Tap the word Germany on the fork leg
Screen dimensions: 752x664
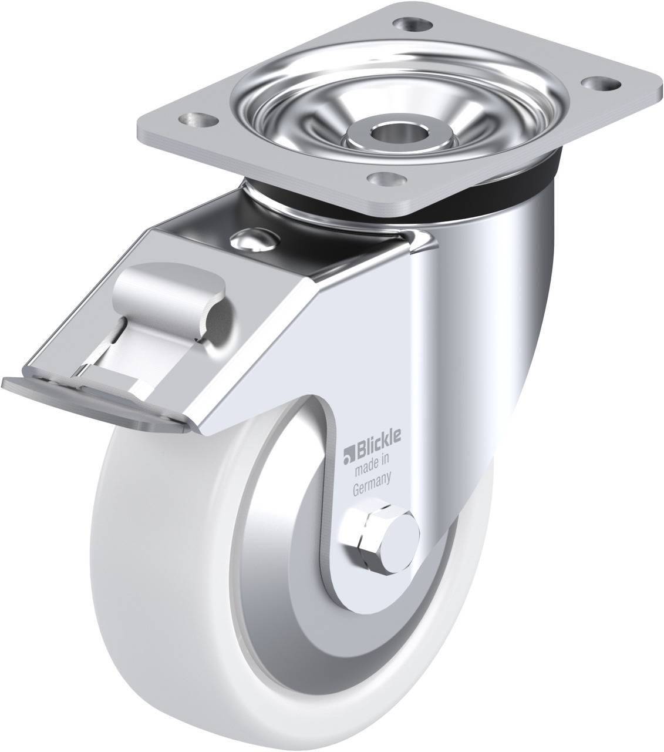click(372, 475)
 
